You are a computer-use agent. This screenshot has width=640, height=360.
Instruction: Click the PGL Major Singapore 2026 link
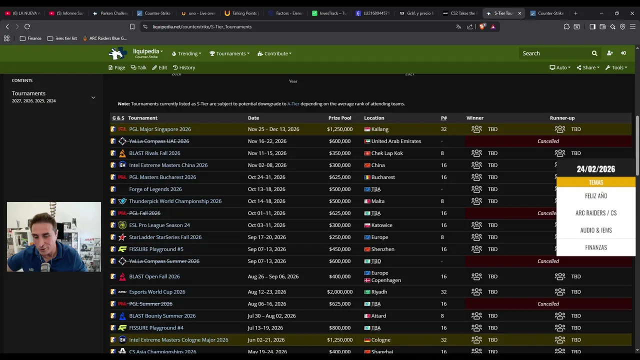[159, 129]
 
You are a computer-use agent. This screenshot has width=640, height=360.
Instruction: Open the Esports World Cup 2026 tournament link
[157, 292]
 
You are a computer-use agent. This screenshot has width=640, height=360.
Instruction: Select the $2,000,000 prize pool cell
[339, 292]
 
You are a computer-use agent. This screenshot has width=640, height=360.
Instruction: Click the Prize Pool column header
[339, 118]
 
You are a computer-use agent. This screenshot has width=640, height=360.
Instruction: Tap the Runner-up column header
[562, 118]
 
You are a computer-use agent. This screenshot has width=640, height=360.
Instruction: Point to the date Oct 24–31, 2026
[266, 177]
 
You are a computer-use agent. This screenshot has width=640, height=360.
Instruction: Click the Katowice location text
[381, 225]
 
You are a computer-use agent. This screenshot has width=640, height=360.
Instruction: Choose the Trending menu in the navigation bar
[186, 53]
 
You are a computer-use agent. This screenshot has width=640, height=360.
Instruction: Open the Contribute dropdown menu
[274, 53]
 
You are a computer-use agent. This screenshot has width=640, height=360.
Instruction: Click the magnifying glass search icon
[594, 53]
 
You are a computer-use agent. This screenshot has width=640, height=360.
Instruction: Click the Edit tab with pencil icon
[159, 67]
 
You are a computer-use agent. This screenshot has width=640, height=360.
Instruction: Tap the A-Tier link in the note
[293, 104]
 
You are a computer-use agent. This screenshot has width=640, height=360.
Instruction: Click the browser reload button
[27, 26]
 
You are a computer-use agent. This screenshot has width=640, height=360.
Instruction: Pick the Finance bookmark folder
[30, 38]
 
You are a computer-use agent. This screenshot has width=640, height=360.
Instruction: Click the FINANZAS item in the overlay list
[595, 247]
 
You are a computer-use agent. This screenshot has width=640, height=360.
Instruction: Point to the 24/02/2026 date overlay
[595, 169]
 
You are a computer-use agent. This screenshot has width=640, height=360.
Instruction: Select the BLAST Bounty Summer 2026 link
[162, 316]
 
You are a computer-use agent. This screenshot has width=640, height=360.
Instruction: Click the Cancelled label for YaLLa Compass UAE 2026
[548, 141]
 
